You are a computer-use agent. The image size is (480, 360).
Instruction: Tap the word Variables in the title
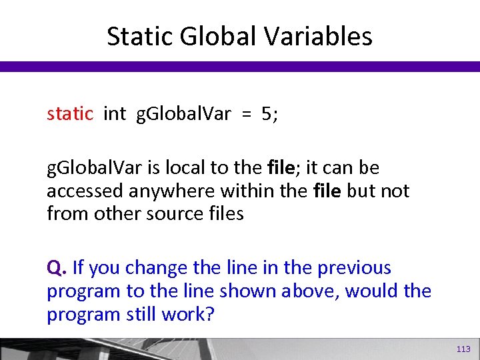(x=319, y=36)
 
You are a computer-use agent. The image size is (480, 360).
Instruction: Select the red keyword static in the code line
(x=70, y=114)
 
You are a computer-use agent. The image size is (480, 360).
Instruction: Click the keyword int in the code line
(x=115, y=114)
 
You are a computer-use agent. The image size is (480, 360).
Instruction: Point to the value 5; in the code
(x=270, y=114)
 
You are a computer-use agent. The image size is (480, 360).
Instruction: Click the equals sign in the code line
(x=246, y=114)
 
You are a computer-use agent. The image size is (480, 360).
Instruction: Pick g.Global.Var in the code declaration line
(x=183, y=114)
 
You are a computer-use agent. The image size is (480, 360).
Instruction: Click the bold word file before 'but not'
(x=327, y=191)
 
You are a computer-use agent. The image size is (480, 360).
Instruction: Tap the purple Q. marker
(x=56, y=268)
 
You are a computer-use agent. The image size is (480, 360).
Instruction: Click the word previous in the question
(x=354, y=268)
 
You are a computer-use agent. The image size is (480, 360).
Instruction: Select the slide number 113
(x=463, y=349)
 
